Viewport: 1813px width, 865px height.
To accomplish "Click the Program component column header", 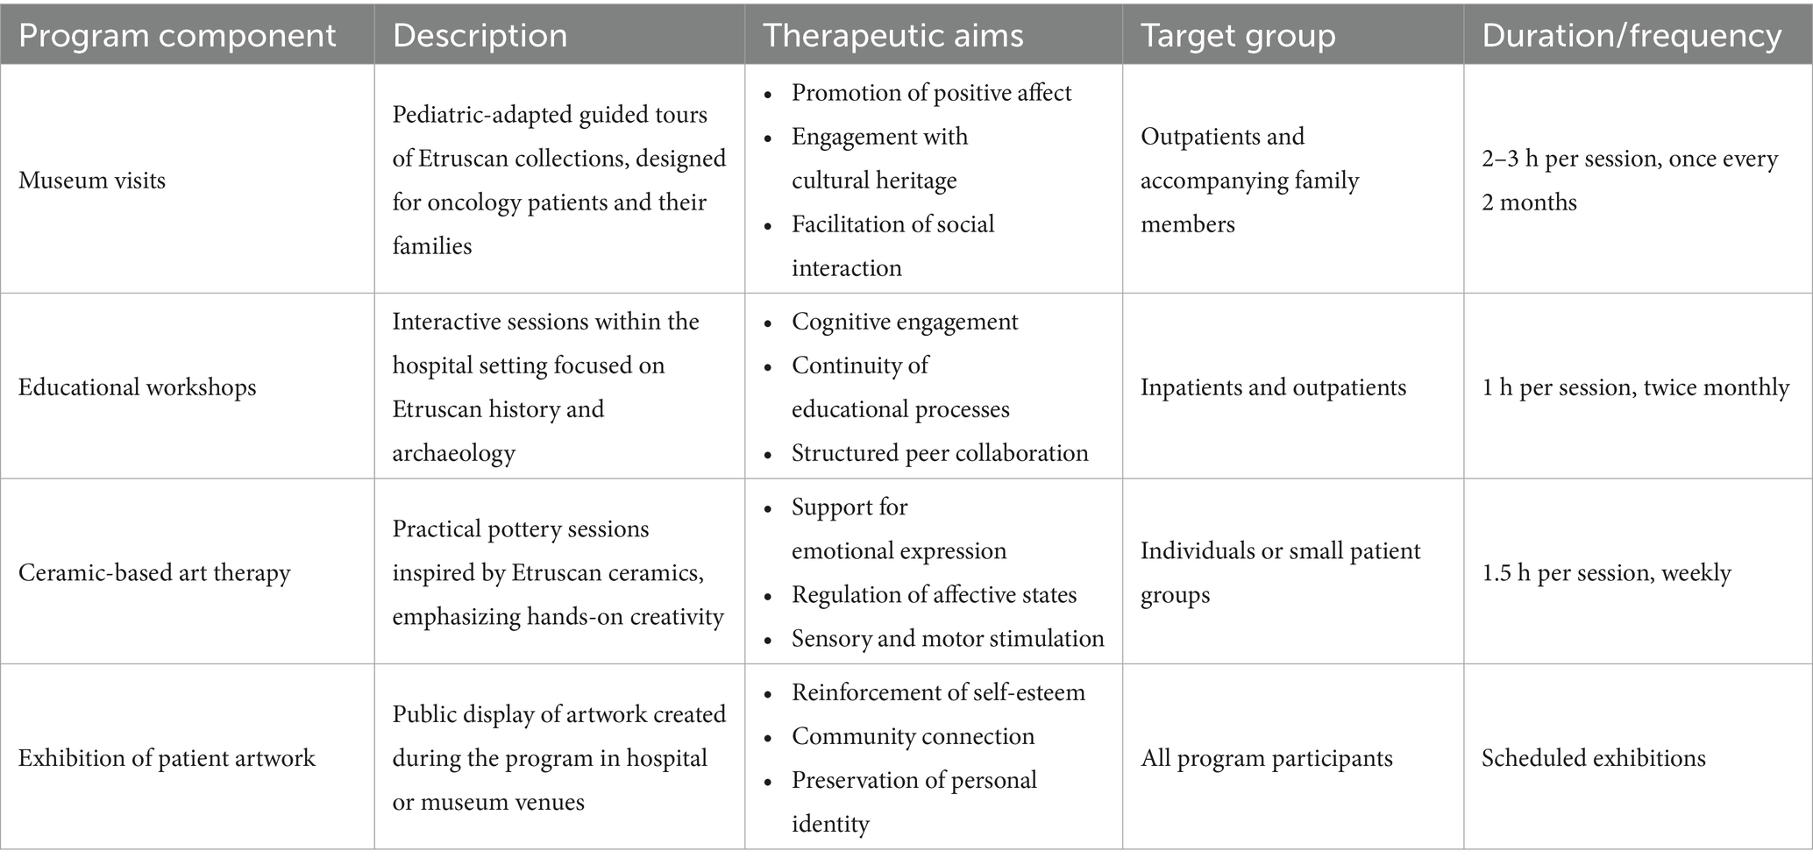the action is coord(177,35).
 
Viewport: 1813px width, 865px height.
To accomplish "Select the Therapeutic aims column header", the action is coord(892,35).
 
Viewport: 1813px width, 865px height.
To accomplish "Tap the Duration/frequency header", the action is coord(1632,35).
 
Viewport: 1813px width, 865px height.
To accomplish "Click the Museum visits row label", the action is coord(92,181).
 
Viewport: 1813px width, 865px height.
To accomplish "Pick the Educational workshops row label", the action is coord(138,387).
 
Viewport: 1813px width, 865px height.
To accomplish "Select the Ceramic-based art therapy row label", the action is coord(154,573).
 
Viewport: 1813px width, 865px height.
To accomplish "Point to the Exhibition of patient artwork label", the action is coord(167,758).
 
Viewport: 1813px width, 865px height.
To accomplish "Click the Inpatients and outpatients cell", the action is coord(1273,387).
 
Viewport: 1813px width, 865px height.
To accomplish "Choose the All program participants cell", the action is coord(1266,758).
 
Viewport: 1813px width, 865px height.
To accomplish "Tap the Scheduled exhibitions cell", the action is coord(1593,758).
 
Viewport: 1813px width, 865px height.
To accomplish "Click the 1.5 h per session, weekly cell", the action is coord(1606,573).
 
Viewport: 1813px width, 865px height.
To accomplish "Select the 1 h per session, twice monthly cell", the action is coord(1635,387).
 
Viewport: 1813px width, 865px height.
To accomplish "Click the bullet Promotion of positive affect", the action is coord(931,93).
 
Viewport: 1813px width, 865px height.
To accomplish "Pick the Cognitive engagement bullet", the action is coord(905,322).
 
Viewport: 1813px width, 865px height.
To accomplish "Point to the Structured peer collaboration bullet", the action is coord(940,453).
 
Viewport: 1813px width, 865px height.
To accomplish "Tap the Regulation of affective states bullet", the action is coord(934,595).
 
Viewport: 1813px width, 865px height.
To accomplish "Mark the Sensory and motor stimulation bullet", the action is coord(948,639).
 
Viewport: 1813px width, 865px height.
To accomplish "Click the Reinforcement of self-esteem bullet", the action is coord(938,692).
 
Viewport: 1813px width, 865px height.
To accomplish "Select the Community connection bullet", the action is coord(913,736).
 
